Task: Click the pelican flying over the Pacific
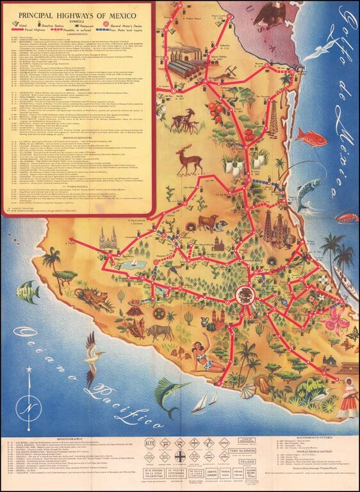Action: [94, 350]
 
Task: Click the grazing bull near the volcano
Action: [160, 331]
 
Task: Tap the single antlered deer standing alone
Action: [188, 158]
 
